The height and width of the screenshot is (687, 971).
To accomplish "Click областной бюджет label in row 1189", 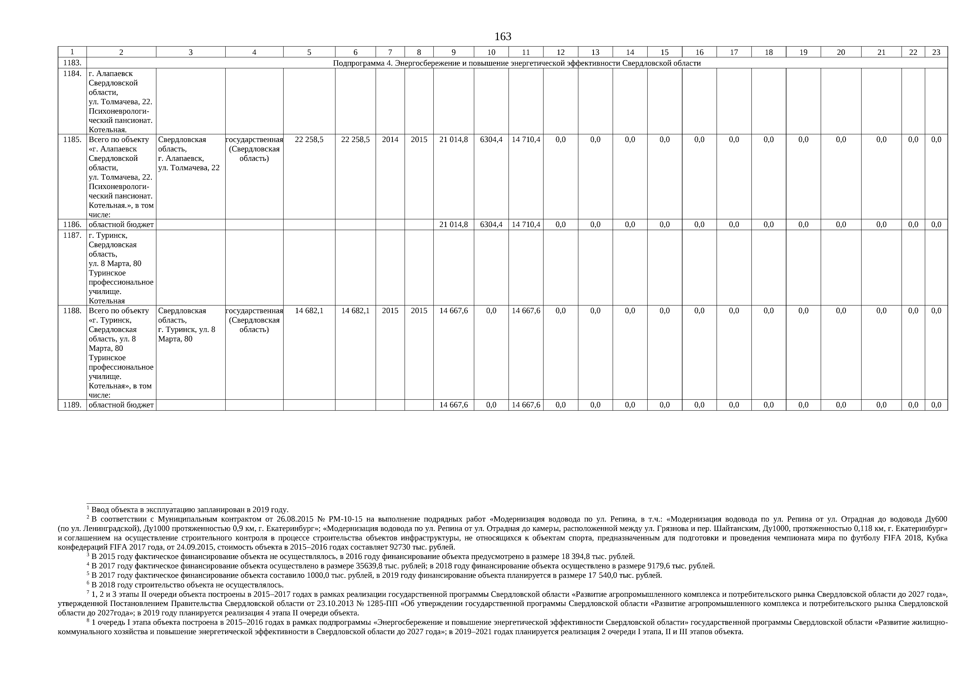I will [121, 405].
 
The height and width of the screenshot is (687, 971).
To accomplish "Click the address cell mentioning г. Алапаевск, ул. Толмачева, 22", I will [189, 154].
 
